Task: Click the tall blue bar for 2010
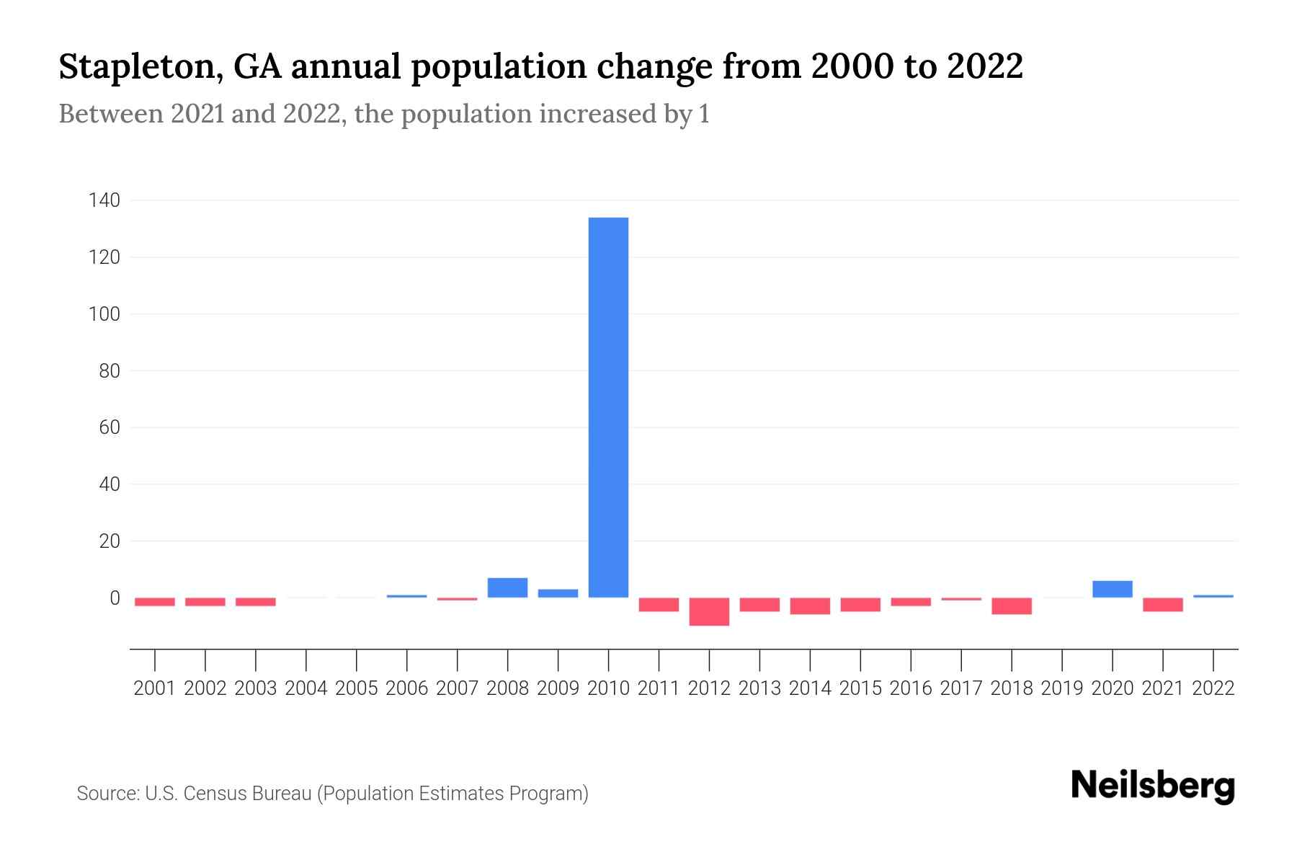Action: pos(608,407)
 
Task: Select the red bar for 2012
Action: pos(709,611)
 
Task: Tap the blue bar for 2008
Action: pos(507,587)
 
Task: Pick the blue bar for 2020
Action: pos(1112,589)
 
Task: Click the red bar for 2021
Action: pos(1162,604)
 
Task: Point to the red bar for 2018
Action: pos(1011,605)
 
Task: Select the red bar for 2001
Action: pos(155,602)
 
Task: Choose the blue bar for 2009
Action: pos(558,593)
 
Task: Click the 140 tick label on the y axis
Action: pos(104,200)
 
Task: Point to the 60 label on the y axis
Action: pos(109,427)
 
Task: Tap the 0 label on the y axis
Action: pos(115,598)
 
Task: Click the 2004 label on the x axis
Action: pos(306,688)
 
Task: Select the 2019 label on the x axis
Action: pos(1061,688)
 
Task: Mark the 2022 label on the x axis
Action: pos(1213,688)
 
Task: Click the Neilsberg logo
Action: pos(1153,786)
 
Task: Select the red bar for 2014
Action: pos(810,605)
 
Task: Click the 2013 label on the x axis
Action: pos(759,688)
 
